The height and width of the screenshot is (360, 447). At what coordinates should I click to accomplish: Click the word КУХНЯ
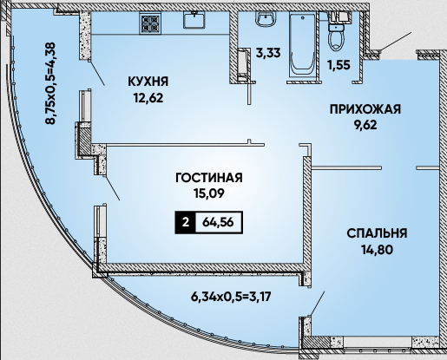click(148, 82)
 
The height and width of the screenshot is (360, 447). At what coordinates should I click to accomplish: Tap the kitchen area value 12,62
click(148, 98)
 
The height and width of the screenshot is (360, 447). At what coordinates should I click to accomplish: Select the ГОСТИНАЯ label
click(209, 178)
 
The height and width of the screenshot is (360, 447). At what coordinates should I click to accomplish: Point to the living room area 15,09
click(209, 193)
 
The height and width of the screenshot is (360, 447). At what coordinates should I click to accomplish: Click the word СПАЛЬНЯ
click(377, 233)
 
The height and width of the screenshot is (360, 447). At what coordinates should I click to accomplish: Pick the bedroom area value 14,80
click(377, 249)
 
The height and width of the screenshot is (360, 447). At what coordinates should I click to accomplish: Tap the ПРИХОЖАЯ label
click(365, 109)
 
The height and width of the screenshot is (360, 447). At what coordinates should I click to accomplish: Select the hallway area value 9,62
click(365, 125)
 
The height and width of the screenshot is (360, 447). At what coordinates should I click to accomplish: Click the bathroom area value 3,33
click(268, 53)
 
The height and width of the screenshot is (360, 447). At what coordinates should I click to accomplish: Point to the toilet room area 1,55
click(339, 65)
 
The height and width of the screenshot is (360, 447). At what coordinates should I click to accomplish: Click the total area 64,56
click(218, 222)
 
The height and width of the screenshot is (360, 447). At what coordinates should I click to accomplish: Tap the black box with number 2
click(186, 222)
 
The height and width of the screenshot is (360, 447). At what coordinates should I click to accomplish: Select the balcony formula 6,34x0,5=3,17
click(231, 297)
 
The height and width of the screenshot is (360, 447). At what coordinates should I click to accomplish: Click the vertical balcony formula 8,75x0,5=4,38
click(50, 83)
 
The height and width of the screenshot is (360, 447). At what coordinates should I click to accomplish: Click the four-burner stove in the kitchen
click(150, 23)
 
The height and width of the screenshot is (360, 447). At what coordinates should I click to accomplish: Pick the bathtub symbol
click(302, 45)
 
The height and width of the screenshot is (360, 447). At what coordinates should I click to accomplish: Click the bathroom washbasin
click(266, 19)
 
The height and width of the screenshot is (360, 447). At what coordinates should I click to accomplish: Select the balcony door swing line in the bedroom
click(317, 304)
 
